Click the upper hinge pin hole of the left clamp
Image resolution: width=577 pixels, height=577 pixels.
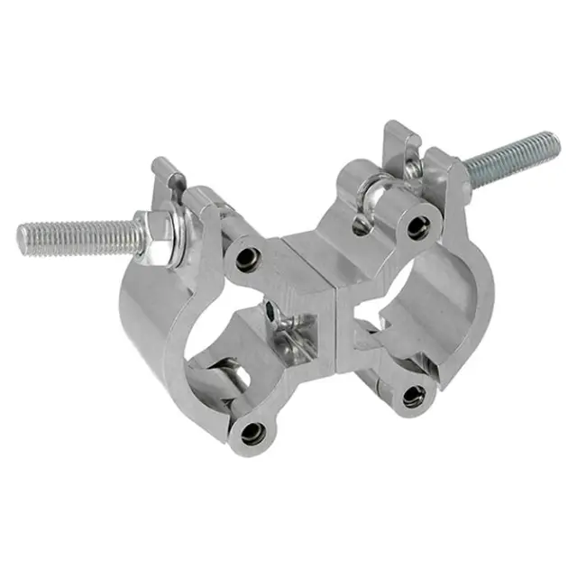tap(243, 256)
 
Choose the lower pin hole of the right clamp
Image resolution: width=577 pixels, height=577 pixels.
tap(414, 394)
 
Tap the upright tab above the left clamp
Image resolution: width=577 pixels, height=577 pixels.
tap(169, 177)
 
